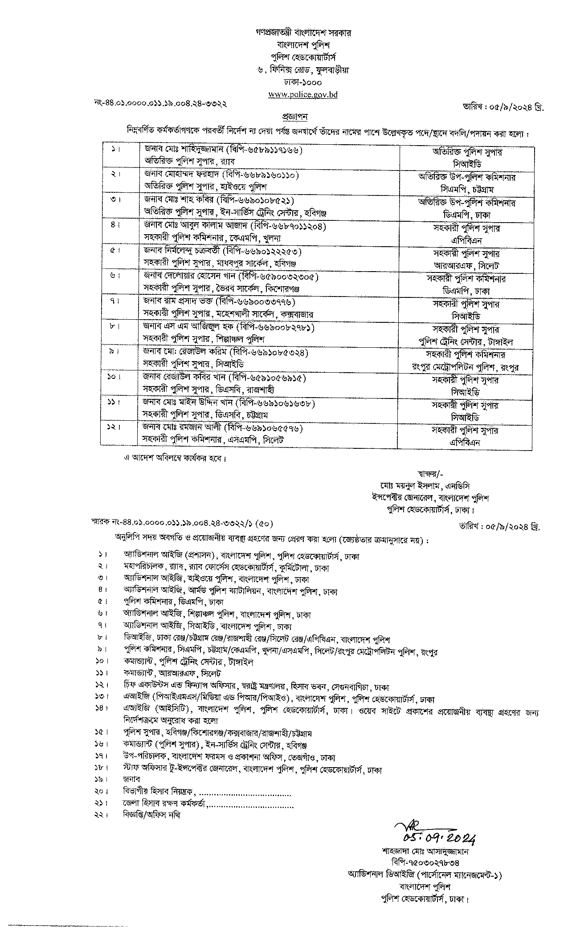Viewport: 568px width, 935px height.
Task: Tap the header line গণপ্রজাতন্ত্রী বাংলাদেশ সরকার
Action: point(302,33)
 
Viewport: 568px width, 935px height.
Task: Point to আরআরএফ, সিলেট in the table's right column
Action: point(466,266)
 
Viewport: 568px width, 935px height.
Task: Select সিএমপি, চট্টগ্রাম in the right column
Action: point(466,190)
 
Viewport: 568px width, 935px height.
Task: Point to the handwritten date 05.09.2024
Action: point(439,838)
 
